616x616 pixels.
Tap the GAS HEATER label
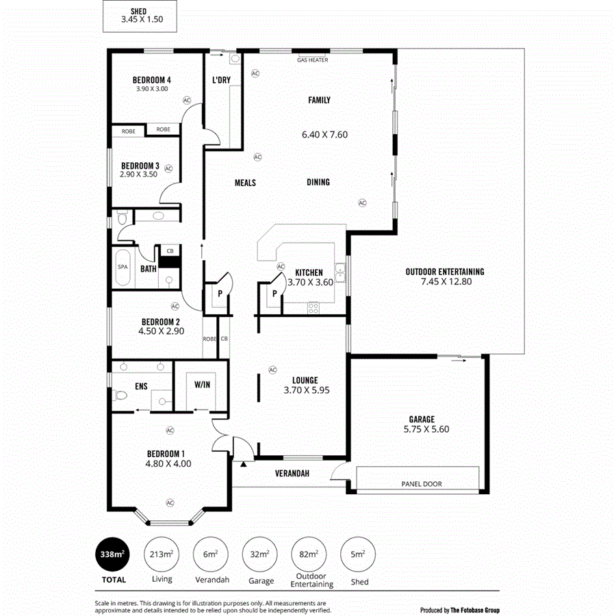click(x=312, y=60)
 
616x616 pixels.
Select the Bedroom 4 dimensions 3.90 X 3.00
click(x=152, y=89)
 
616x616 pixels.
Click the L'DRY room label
click(x=221, y=80)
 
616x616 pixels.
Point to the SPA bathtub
click(x=123, y=267)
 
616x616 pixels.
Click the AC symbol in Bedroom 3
click(x=168, y=167)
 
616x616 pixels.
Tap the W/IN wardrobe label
click(x=202, y=385)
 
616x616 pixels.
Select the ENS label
click(x=141, y=387)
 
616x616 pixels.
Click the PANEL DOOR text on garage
click(x=421, y=484)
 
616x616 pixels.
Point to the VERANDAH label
click(x=293, y=474)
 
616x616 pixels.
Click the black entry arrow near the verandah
click(x=243, y=465)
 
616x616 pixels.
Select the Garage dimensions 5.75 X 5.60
click(x=422, y=429)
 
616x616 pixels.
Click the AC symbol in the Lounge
click(x=272, y=370)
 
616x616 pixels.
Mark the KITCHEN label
click(x=309, y=272)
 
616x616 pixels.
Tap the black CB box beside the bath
click(x=169, y=261)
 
